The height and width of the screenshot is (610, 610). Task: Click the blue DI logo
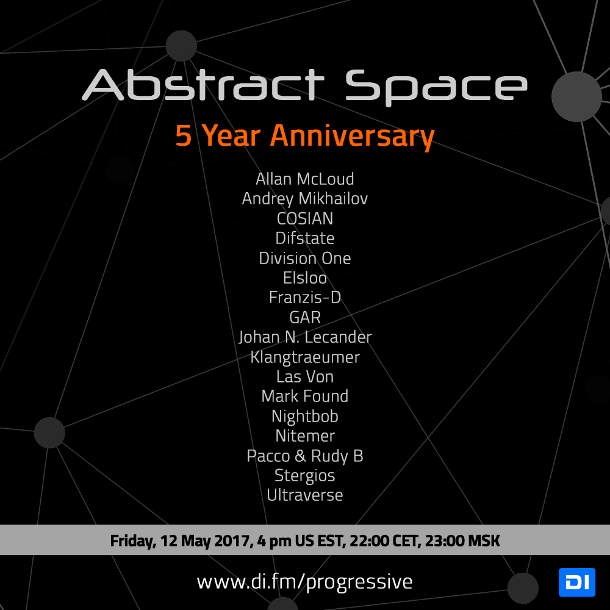click(577, 582)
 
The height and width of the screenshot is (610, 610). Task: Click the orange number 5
click(183, 136)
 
